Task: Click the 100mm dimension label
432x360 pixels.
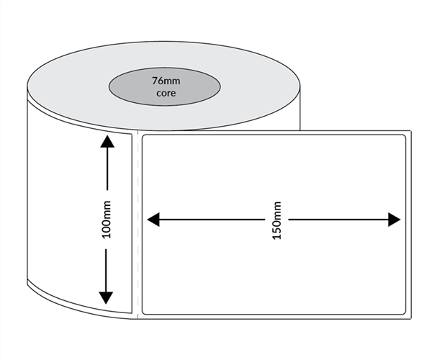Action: (x=107, y=219)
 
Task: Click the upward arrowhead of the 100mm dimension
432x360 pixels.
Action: (x=107, y=141)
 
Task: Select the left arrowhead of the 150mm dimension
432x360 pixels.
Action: (x=153, y=220)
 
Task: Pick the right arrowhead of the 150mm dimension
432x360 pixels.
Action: (x=394, y=220)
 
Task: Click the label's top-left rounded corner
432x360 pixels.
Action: (x=145, y=137)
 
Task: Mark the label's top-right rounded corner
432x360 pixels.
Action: (x=404, y=137)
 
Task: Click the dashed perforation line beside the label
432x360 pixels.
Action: (x=137, y=223)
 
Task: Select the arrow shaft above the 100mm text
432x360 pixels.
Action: (x=107, y=173)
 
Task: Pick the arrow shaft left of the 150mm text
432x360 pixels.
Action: (x=209, y=220)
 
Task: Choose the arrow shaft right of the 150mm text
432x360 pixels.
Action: (x=338, y=220)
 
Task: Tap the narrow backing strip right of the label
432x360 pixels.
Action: (x=409, y=223)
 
